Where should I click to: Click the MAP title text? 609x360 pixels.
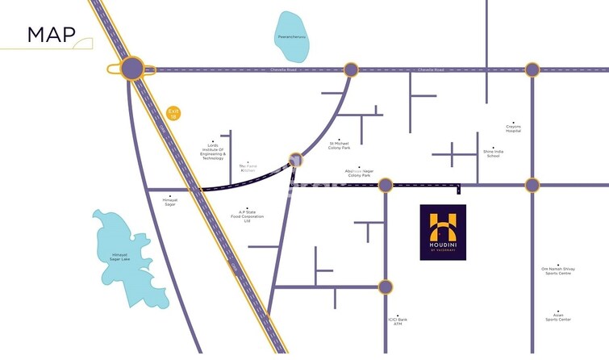51,35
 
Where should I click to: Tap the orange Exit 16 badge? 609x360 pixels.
173,114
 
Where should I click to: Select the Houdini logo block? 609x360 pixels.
443,232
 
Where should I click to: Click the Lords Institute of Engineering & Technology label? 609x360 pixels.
213,151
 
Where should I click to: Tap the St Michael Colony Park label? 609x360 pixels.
340,146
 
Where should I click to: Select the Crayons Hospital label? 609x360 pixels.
514,128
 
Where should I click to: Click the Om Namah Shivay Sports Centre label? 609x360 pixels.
557,271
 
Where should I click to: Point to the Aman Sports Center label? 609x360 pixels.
557,317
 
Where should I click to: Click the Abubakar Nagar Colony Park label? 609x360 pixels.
359,174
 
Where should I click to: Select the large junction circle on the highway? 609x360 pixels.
133,69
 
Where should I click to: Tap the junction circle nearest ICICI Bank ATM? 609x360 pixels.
385,287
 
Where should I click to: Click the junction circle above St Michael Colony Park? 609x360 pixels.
351,69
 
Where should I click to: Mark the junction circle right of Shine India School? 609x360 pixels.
532,185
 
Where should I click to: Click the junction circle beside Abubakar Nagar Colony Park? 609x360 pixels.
385,185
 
